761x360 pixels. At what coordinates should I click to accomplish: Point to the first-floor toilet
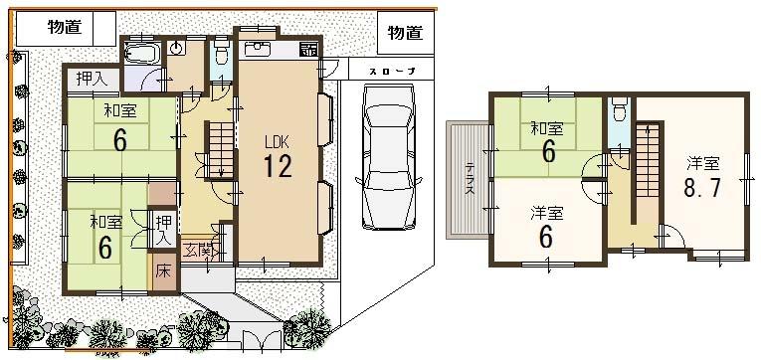click(221, 56)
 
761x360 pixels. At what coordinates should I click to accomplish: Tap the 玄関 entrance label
click(197, 249)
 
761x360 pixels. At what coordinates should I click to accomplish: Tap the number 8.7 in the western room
click(701, 186)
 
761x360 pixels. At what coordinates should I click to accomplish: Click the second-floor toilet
click(619, 107)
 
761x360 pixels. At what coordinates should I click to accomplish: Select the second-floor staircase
click(650, 159)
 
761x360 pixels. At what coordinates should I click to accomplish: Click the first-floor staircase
click(221, 145)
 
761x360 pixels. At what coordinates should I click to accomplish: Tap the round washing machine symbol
click(177, 48)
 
